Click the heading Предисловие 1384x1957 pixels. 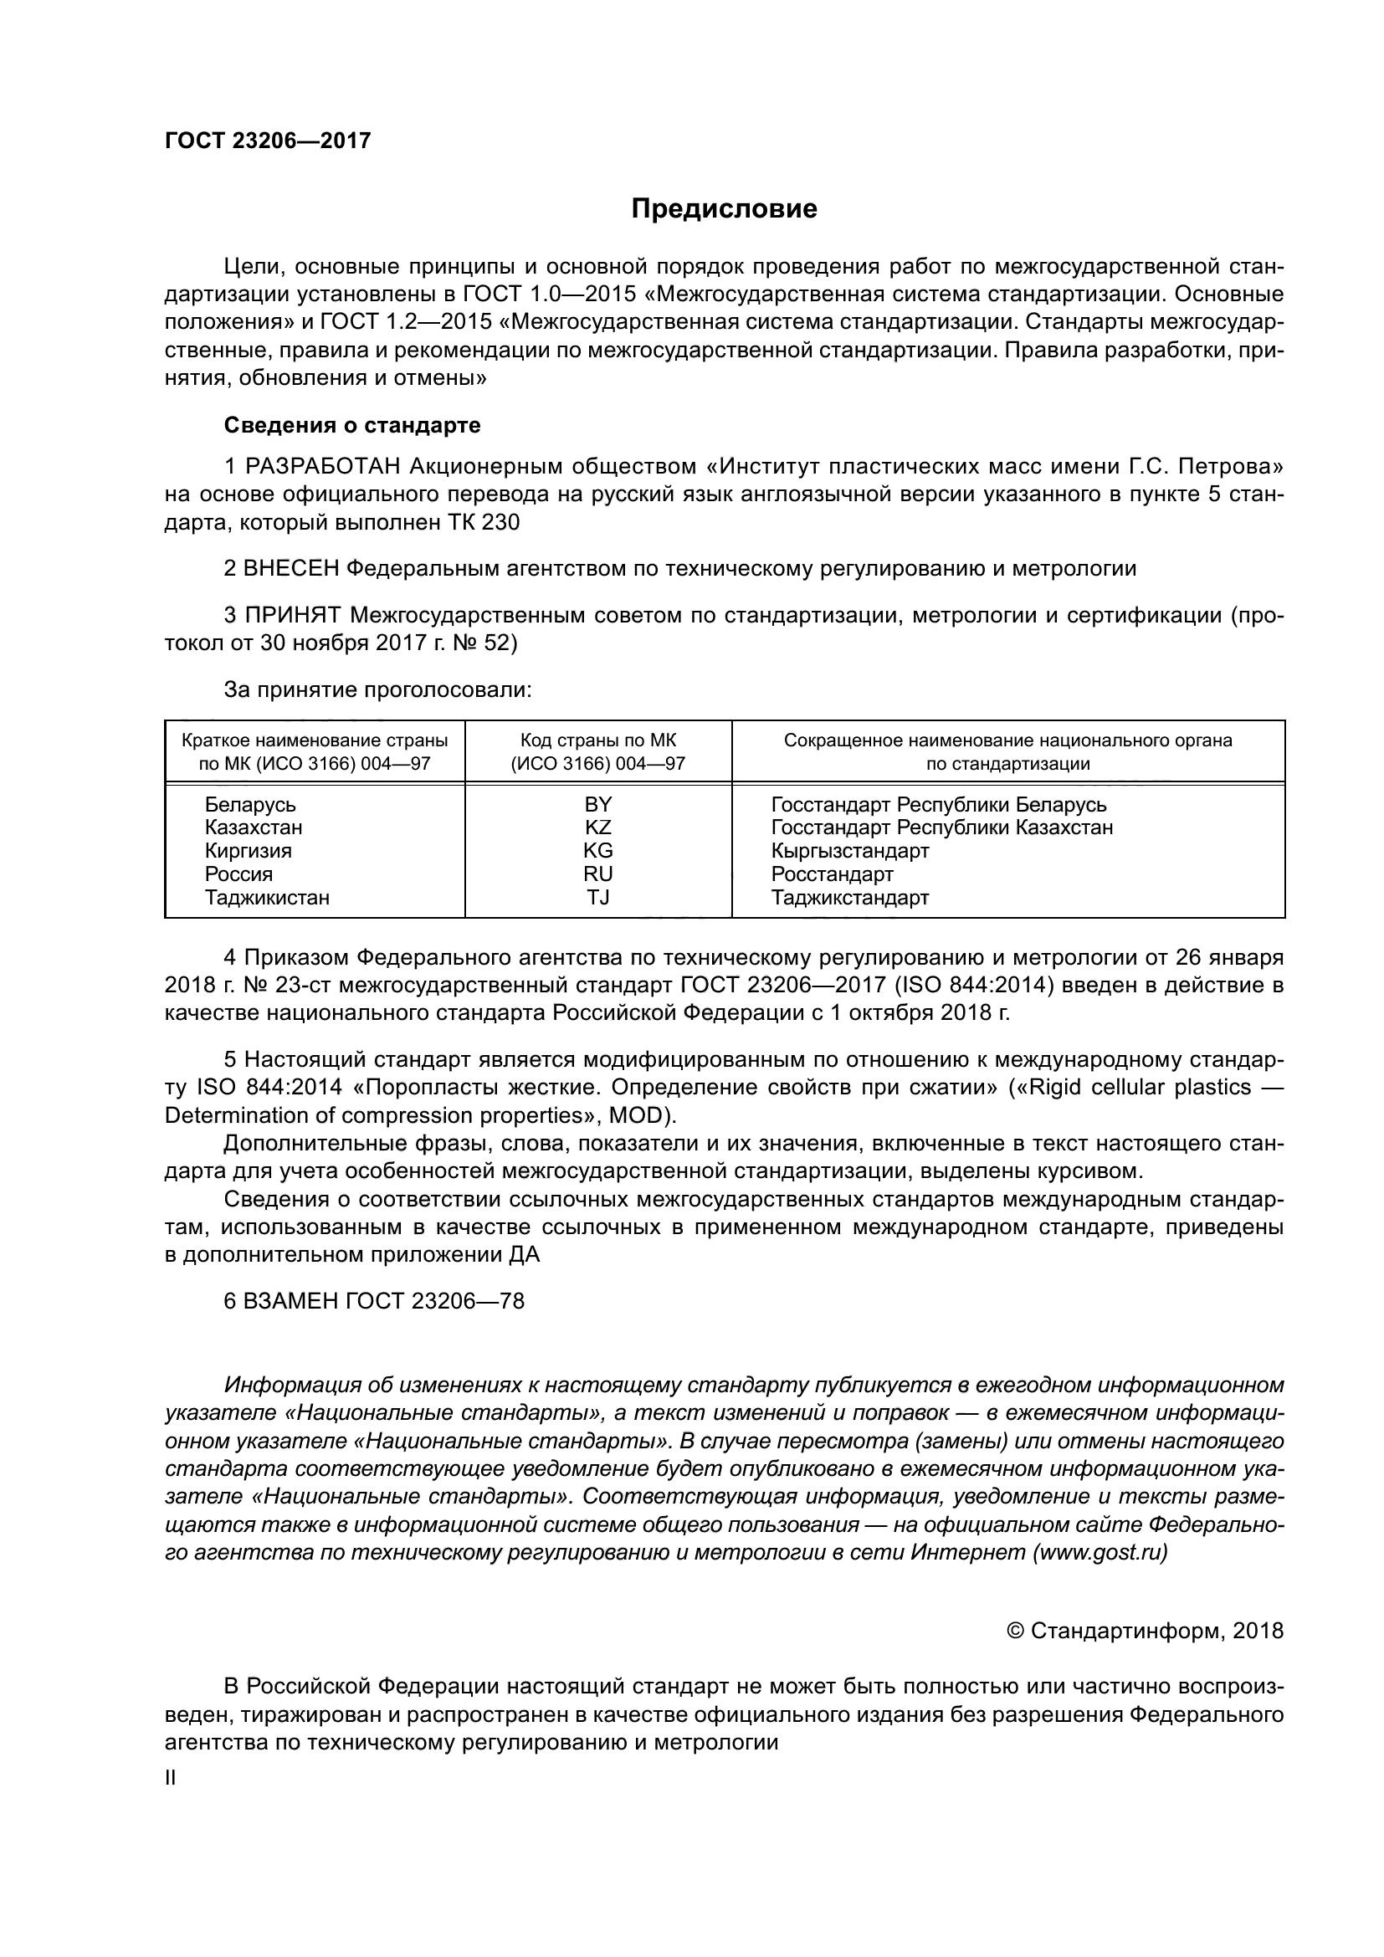724,209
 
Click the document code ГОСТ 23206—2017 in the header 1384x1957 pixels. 268,141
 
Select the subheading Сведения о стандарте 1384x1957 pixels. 352,424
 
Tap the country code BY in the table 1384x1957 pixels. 597,804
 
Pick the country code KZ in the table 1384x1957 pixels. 597,827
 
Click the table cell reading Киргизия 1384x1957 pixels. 248,851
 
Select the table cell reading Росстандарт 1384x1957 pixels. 832,873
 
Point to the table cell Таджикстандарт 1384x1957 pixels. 849,897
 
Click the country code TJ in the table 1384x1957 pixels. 597,897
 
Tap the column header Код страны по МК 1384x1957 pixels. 597,740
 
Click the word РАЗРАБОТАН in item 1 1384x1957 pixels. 323,466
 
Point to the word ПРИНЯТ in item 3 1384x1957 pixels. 292,615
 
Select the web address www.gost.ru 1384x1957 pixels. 1100,1552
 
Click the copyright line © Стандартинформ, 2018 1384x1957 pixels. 1145,1631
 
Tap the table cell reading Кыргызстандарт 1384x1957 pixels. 849,851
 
